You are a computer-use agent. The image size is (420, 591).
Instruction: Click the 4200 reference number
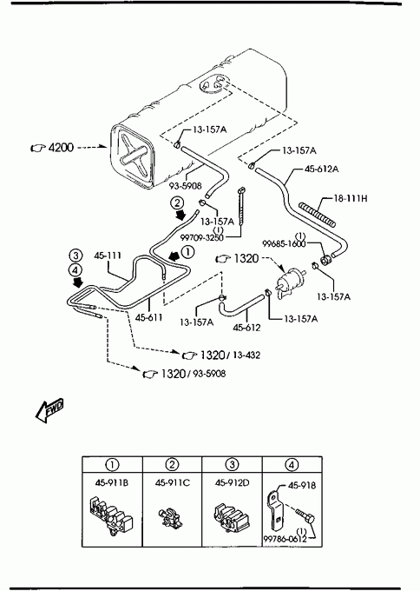(x=61, y=148)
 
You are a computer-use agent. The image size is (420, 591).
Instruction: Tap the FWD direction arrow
(x=49, y=409)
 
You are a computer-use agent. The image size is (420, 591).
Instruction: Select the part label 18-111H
(x=350, y=198)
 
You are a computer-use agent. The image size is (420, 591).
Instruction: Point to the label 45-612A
(x=321, y=169)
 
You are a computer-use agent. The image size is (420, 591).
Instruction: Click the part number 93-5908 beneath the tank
(x=185, y=186)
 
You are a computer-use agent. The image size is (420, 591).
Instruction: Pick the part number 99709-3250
(x=201, y=237)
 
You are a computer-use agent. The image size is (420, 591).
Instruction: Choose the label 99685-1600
(x=284, y=244)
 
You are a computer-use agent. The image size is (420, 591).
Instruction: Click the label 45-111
(x=108, y=256)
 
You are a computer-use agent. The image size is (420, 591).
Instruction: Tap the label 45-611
(x=149, y=318)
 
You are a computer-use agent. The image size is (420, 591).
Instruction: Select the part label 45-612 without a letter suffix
(x=246, y=328)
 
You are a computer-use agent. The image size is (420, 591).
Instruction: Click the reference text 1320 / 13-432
(x=230, y=355)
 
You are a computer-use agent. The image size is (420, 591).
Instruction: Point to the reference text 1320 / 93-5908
(x=193, y=374)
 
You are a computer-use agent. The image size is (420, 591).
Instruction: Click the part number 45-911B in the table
(x=112, y=483)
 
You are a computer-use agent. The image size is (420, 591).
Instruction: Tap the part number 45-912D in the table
(x=233, y=483)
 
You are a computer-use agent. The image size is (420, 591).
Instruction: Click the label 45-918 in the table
(x=302, y=486)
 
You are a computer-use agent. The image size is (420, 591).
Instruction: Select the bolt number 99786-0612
(x=285, y=539)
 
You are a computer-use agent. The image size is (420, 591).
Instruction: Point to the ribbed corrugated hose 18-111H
(x=317, y=215)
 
